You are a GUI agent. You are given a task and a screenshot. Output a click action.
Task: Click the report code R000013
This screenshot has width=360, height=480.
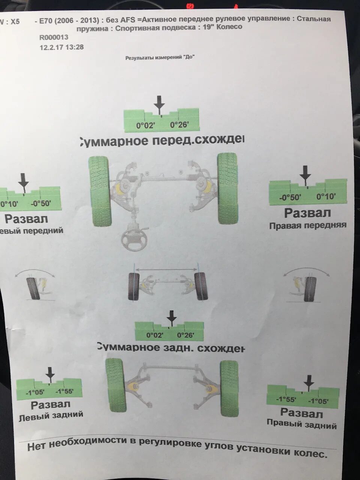(54, 37)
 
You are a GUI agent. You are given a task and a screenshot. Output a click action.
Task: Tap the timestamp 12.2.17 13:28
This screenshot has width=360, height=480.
(61, 47)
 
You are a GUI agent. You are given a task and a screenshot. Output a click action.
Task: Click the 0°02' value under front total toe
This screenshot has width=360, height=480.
(145, 126)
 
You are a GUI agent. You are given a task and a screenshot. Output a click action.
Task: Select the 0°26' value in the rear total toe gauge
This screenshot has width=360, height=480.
(186, 335)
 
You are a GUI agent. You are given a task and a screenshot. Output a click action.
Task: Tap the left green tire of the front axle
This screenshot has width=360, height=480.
(100, 191)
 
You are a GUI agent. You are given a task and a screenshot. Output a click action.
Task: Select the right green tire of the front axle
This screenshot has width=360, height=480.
(228, 188)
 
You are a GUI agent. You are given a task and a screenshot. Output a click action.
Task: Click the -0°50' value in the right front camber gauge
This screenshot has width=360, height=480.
(290, 198)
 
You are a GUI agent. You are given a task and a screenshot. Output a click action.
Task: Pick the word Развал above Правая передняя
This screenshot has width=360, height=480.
(307, 213)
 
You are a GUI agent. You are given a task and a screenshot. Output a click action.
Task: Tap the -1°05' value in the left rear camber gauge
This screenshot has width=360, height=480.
(35, 393)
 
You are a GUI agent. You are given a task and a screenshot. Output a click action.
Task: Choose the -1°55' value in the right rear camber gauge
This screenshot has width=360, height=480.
(286, 400)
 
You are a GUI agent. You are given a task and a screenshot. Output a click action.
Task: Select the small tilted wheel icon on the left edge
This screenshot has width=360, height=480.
(33, 288)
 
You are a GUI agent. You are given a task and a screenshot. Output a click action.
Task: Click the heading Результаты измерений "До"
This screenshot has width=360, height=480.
(160, 58)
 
